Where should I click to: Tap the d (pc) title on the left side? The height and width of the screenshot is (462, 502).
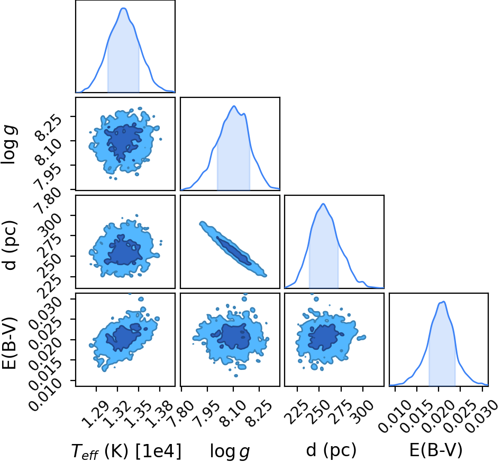pyautogui.click(x=9, y=245)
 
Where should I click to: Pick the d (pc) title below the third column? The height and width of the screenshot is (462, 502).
pyautogui.click(x=331, y=450)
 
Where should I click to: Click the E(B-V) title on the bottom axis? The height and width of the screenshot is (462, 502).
pyautogui.click(x=436, y=450)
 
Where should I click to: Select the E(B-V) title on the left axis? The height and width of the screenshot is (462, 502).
pyautogui.click(x=9, y=343)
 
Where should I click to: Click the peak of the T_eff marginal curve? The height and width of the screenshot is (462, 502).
pyautogui.click(x=124, y=8)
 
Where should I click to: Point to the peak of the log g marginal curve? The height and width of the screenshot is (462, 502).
pyautogui.click(x=234, y=106)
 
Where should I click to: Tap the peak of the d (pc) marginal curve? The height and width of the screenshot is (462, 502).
pyautogui.click(x=323, y=204)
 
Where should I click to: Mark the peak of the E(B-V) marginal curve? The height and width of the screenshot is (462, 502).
pyautogui.click(x=444, y=302)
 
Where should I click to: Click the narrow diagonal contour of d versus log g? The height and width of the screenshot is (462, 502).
pyautogui.click(x=233, y=249)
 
